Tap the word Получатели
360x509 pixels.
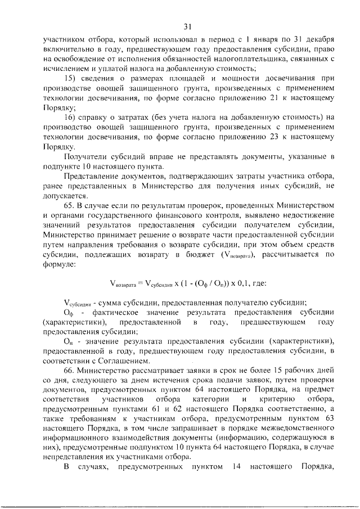click(85, 156)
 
